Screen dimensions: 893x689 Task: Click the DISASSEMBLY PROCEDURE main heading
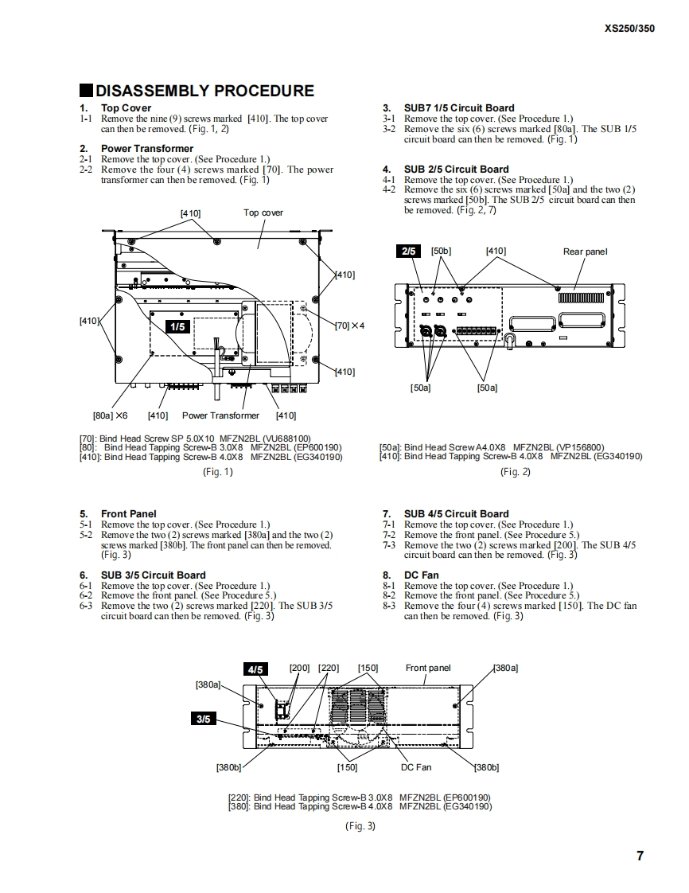point(204,91)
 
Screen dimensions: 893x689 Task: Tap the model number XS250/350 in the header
point(629,28)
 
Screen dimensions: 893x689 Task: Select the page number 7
point(640,856)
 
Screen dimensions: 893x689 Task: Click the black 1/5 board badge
point(177,326)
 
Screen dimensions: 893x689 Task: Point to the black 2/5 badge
point(409,252)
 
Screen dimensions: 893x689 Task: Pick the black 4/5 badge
point(255,669)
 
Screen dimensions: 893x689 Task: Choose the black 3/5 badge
point(204,719)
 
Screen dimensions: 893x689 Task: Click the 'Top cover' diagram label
point(263,213)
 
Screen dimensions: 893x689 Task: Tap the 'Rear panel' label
point(585,252)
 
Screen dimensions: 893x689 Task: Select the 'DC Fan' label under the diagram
point(416,767)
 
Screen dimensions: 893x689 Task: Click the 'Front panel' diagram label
point(428,668)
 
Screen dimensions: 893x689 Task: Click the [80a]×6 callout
point(110,415)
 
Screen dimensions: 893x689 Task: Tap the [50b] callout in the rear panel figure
point(441,251)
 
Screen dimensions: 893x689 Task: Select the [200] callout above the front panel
point(299,668)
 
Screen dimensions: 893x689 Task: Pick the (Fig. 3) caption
point(360,826)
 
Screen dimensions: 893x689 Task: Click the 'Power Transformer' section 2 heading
point(147,148)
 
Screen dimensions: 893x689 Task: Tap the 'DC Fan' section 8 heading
point(421,575)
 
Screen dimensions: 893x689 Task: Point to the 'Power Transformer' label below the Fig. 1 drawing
point(220,415)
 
